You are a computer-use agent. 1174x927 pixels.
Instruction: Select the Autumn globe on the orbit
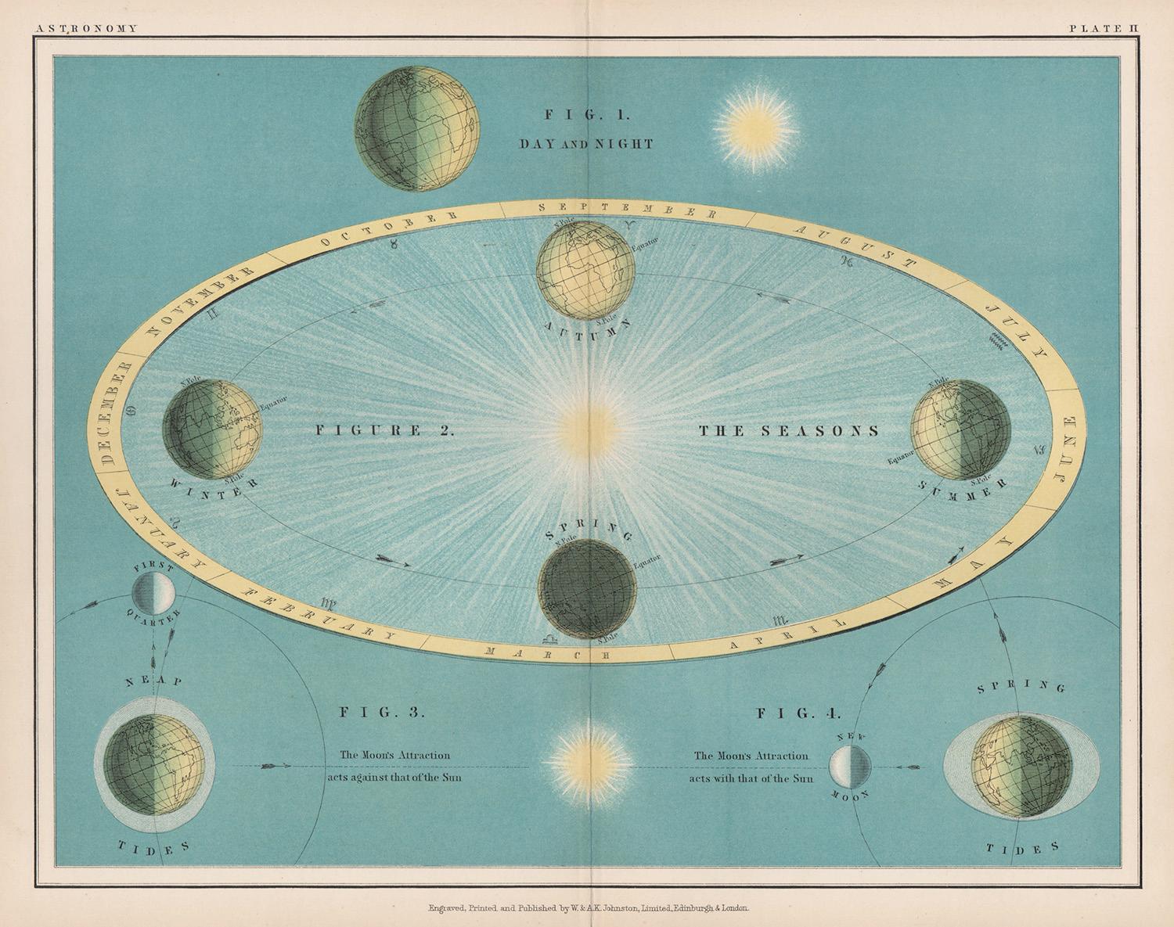585,271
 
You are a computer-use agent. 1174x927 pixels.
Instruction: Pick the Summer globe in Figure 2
960,429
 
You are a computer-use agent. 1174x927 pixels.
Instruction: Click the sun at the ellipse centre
587,429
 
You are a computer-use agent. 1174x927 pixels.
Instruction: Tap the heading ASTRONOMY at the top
86,28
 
